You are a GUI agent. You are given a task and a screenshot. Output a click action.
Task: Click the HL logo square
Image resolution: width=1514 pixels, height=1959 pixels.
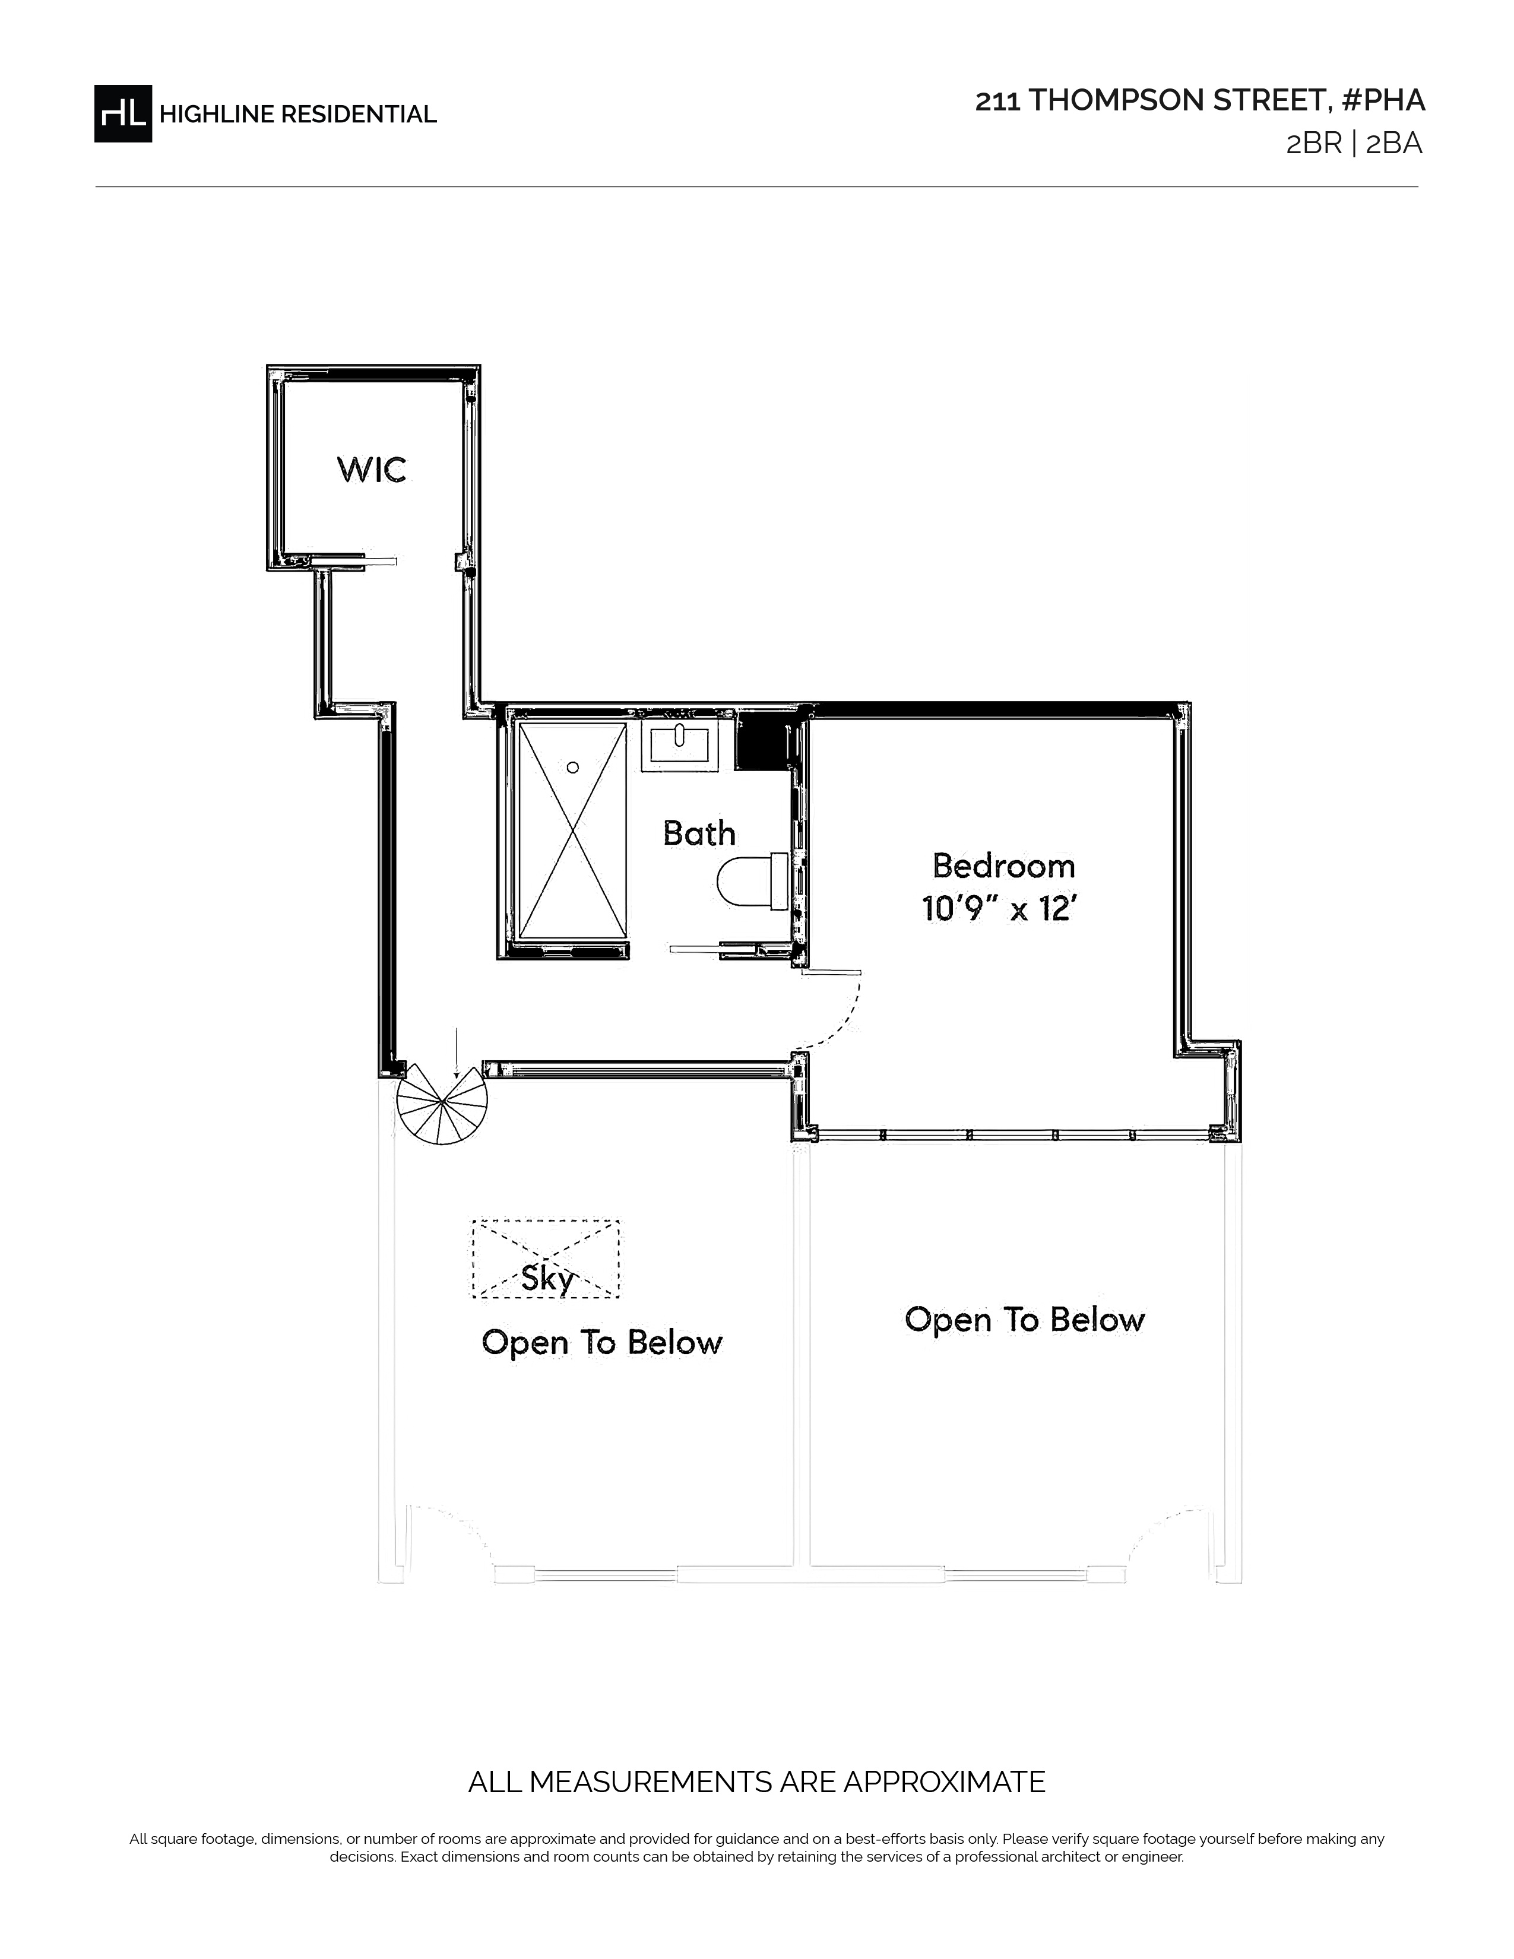(x=123, y=113)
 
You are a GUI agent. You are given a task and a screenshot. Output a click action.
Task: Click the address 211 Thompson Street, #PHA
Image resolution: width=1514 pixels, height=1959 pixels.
(x=1200, y=100)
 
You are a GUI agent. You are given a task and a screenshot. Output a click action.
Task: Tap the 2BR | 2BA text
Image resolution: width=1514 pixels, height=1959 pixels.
(x=1354, y=144)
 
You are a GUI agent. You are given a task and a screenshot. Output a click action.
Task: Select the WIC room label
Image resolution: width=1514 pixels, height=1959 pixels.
(x=371, y=469)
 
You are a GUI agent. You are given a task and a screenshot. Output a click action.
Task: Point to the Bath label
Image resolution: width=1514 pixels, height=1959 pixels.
(x=699, y=833)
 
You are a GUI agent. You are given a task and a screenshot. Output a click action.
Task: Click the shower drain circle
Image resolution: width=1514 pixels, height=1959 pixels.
(x=572, y=767)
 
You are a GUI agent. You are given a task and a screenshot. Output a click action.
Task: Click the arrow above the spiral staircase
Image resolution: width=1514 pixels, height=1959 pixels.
(x=457, y=1053)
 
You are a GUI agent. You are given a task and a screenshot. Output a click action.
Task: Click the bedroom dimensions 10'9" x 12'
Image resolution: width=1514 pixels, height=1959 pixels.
(x=998, y=909)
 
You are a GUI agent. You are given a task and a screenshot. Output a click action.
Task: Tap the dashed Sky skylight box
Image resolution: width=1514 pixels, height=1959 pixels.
(x=545, y=1259)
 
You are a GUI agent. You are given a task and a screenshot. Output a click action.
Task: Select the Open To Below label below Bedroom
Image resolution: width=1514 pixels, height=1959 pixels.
(x=1024, y=1320)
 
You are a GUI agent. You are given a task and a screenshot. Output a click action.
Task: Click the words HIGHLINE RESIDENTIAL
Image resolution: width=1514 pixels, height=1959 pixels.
(x=298, y=114)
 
